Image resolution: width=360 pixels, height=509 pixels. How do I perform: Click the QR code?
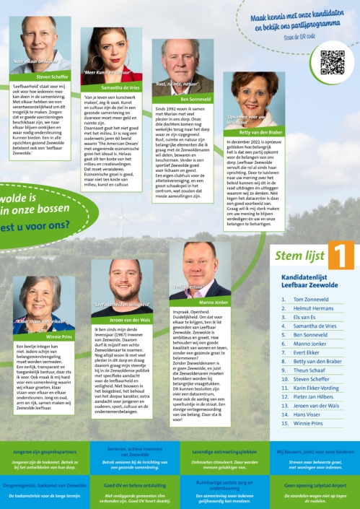click(x=332, y=62)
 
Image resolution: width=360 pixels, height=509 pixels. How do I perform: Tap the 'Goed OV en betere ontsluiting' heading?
click(x=134, y=485)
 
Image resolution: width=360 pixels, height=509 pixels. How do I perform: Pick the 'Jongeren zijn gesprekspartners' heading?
click(x=45, y=451)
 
